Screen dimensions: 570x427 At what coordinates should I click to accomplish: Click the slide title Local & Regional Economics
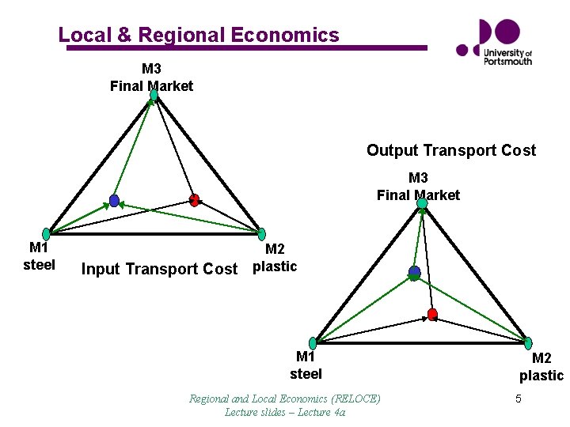(x=198, y=35)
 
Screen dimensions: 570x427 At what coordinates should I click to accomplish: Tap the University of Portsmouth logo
(x=495, y=42)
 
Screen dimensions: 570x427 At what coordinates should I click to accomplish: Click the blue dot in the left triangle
(x=114, y=201)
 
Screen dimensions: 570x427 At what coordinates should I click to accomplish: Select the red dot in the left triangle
(x=195, y=200)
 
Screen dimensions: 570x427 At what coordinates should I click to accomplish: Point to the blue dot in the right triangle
(x=414, y=272)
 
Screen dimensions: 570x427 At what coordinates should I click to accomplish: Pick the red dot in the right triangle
(x=432, y=314)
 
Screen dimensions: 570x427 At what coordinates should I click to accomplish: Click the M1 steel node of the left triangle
(x=46, y=234)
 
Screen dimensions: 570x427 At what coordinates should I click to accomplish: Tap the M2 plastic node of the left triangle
(x=261, y=234)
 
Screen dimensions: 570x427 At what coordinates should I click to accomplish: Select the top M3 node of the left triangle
(x=154, y=95)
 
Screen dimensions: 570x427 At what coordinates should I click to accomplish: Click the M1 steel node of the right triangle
(x=313, y=342)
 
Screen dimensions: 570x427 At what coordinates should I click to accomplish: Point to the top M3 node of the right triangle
(x=422, y=203)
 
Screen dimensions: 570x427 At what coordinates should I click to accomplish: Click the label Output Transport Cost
(x=450, y=150)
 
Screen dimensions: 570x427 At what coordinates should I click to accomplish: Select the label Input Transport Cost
(x=159, y=269)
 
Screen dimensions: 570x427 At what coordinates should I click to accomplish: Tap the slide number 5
(x=518, y=399)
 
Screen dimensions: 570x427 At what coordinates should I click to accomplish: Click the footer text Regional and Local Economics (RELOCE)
(x=284, y=398)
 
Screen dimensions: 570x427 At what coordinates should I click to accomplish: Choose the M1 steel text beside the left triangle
(x=39, y=257)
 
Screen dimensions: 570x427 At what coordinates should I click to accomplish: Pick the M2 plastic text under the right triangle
(x=541, y=368)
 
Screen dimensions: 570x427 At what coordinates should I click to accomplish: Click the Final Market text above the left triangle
(x=151, y=85)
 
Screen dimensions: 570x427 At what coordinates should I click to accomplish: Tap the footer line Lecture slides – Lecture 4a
(x=284, y=411)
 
